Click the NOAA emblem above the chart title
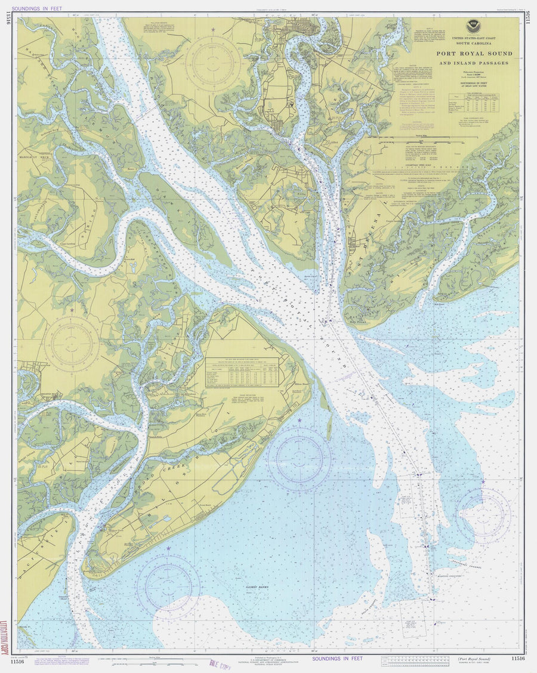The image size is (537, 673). click(x=475, y=26)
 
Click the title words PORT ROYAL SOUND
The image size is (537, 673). click(x=475, y=54)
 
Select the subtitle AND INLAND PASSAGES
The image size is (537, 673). click(x=475, y=63)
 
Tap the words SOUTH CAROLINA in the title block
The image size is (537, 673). click(x=475, y=44)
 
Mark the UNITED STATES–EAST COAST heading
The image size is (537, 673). click(x=475, y=38)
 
